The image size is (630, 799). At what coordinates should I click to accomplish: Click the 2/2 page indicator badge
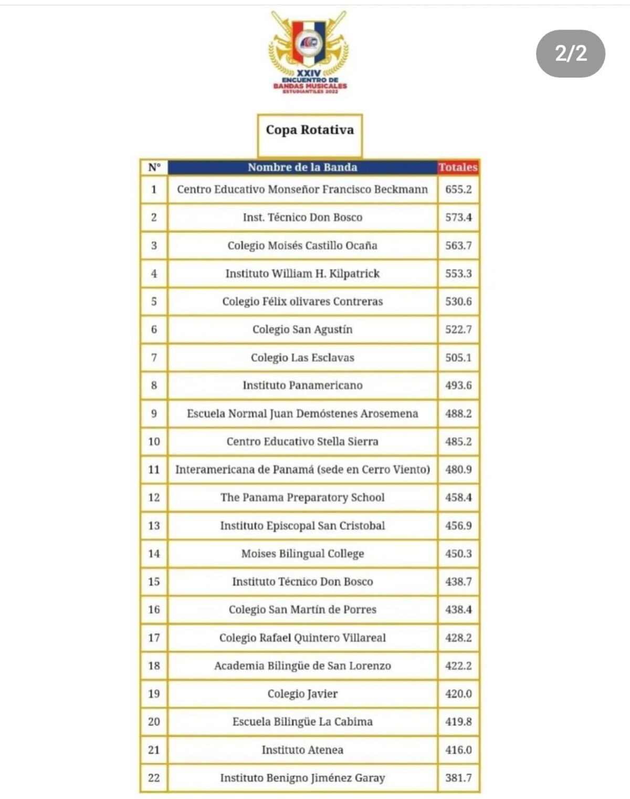pyautogui.click(x=570, y=54)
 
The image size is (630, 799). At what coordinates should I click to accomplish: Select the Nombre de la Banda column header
pyautogui.click(x=302, y=168)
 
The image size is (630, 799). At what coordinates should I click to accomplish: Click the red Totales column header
pyautogui.click(x=458, y=168)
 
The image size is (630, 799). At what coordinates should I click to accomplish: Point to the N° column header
pyautogui.click(x=154, y=168)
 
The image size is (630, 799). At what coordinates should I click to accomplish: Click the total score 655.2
pyautogui.click(x=458, y=190)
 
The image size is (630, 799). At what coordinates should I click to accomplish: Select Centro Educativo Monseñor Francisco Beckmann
pyautogui.click(x=302, y=190)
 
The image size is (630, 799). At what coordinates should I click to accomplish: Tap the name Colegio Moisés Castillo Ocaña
pyautogui.click(x=302, y=245)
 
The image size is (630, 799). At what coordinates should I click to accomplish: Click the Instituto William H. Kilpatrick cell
pyautogui.click(x=302, y=274)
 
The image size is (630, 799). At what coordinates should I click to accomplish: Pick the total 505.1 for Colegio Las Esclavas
pyautogui.click(x=458, y=358)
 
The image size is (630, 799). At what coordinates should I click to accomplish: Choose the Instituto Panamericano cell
pyautogui.click(x=302, y=386)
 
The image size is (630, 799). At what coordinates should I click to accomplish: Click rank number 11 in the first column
pyautogui.click(x=154, y=470)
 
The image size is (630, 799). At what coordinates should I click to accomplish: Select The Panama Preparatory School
pyautogui.click(x=302, y=497)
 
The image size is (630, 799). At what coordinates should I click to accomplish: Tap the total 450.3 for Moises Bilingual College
pyautogui.click(x=458, y=554)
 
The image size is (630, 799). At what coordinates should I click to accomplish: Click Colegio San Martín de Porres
pyautogui.click(x=302, y=610)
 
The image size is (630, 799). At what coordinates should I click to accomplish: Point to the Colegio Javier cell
pyautogui.click(x=302, y=694)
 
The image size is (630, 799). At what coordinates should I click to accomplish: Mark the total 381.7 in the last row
pyautogui.click(x=458, y=778)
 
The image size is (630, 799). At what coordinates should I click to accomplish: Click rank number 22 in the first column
pyautogui.click(x=154, y=778)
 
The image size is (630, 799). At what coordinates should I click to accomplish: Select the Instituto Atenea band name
pyautogui.click(x=302, y=750)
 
